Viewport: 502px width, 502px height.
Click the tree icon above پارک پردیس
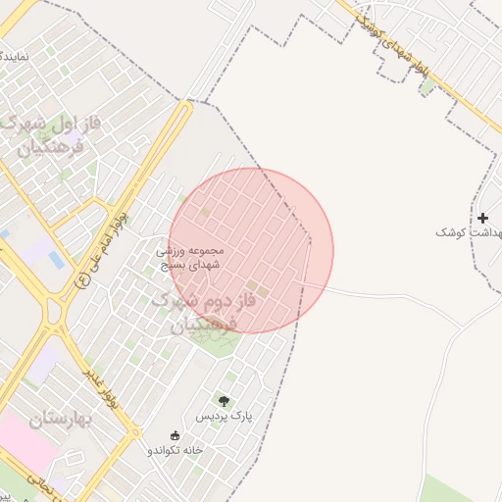(224, 400)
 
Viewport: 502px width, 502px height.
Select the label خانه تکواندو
(175, 449)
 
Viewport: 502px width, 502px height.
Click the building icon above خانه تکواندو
(176, 434)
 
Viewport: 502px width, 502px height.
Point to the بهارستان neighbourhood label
(59, 421)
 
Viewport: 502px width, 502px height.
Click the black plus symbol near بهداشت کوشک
(482, 217)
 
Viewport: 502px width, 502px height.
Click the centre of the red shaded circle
(251, 250)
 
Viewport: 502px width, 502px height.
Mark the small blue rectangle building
(56, 261)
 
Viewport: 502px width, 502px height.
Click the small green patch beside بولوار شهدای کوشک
(427, 86)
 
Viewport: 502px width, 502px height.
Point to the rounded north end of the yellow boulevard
(187, 103)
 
